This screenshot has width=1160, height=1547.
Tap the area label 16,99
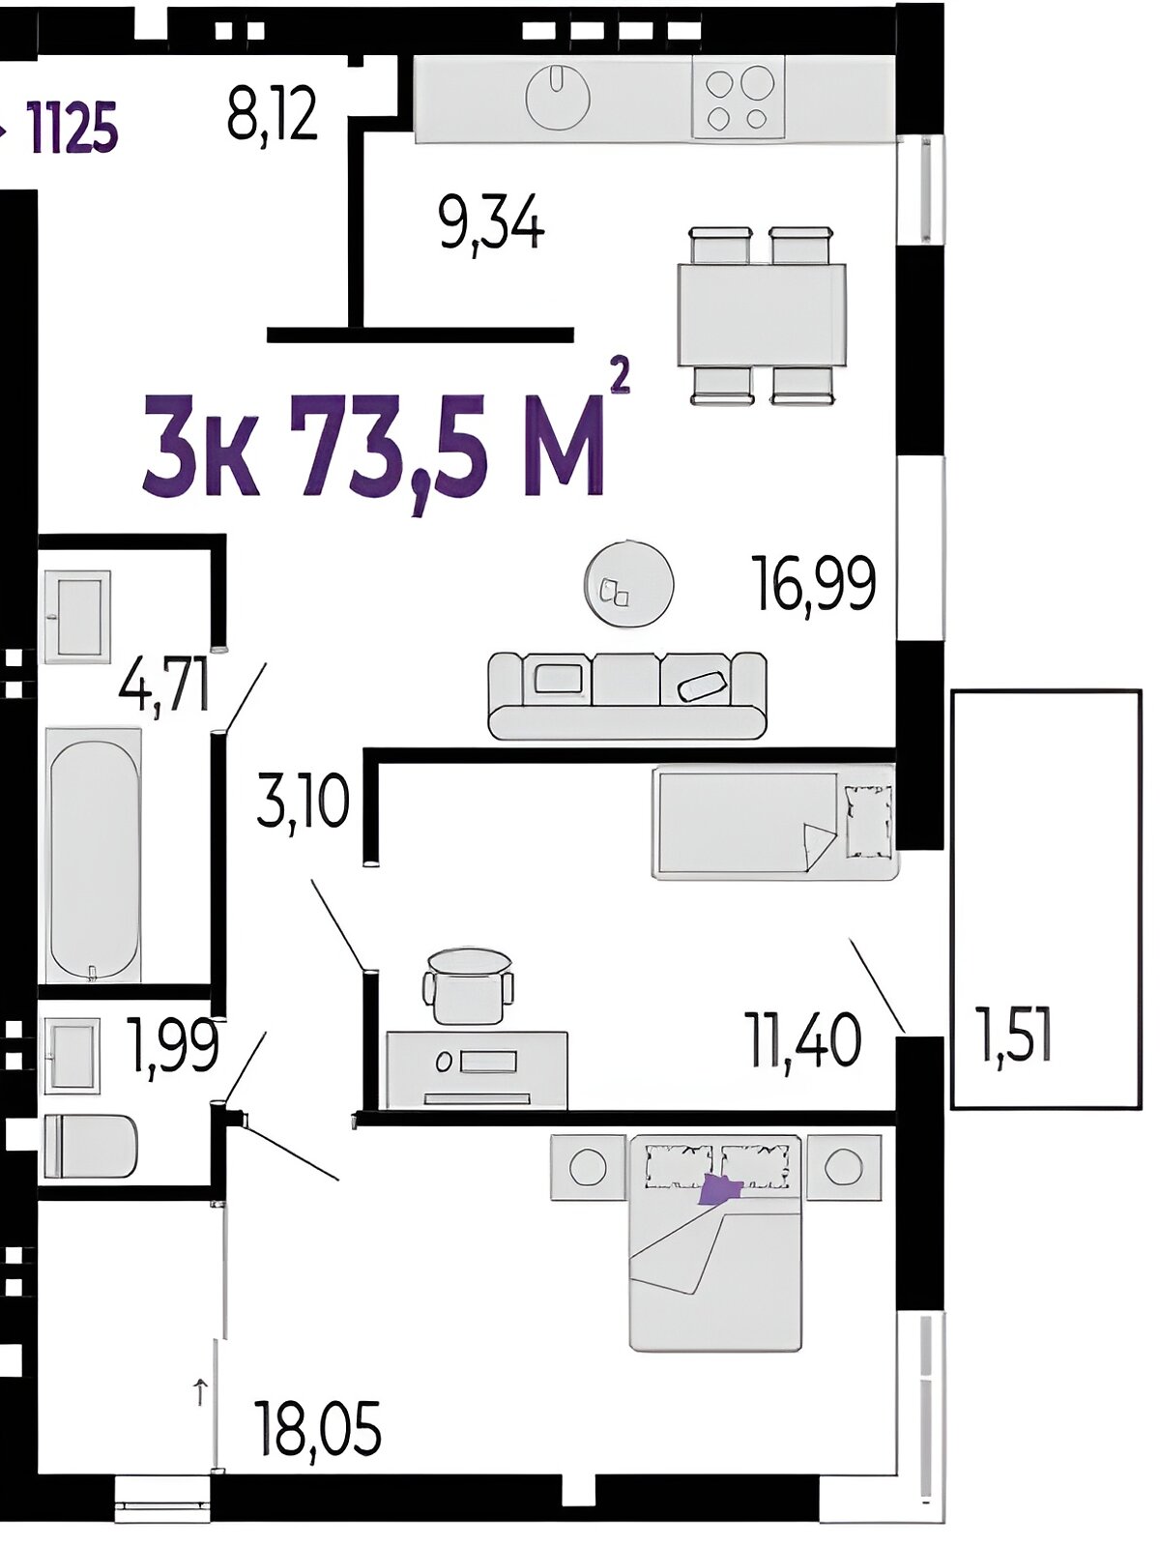pos(815,583)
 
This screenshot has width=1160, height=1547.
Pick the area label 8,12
pos(272,113)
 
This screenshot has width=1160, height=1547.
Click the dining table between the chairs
pos(762,314)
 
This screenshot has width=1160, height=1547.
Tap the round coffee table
pos(628,584)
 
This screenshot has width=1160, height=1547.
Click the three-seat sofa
pos(626,695)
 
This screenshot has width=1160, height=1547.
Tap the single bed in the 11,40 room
pos(775,823)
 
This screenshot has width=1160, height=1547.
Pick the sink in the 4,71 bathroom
pos(77,617)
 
